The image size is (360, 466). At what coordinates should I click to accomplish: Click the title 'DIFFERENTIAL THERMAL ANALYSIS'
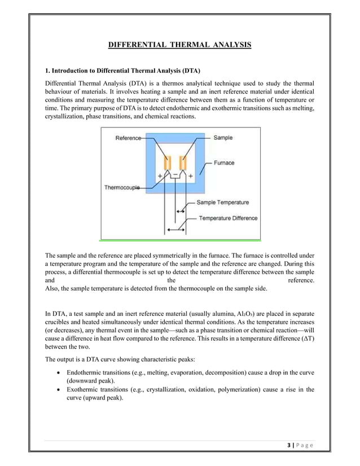pos(179,44)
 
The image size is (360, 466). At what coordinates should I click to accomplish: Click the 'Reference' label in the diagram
pos(129,138)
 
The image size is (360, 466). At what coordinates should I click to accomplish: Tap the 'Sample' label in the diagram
pos(223,137)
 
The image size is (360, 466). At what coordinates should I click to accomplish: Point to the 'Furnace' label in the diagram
pos(224,162)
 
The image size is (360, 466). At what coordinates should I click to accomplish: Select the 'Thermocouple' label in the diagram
pos(122,188)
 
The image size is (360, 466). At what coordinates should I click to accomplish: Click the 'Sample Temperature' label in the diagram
pos(222,202)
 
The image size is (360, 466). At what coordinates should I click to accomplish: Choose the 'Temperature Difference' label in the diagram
pos(228,218)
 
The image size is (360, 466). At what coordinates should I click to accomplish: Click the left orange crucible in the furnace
pos(166,164)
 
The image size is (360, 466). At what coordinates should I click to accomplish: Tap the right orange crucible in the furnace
pos(183,164)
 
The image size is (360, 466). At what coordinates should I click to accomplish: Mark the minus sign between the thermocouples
pos(175,175)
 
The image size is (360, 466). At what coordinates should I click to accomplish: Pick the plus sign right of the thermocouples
pos(190,176)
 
